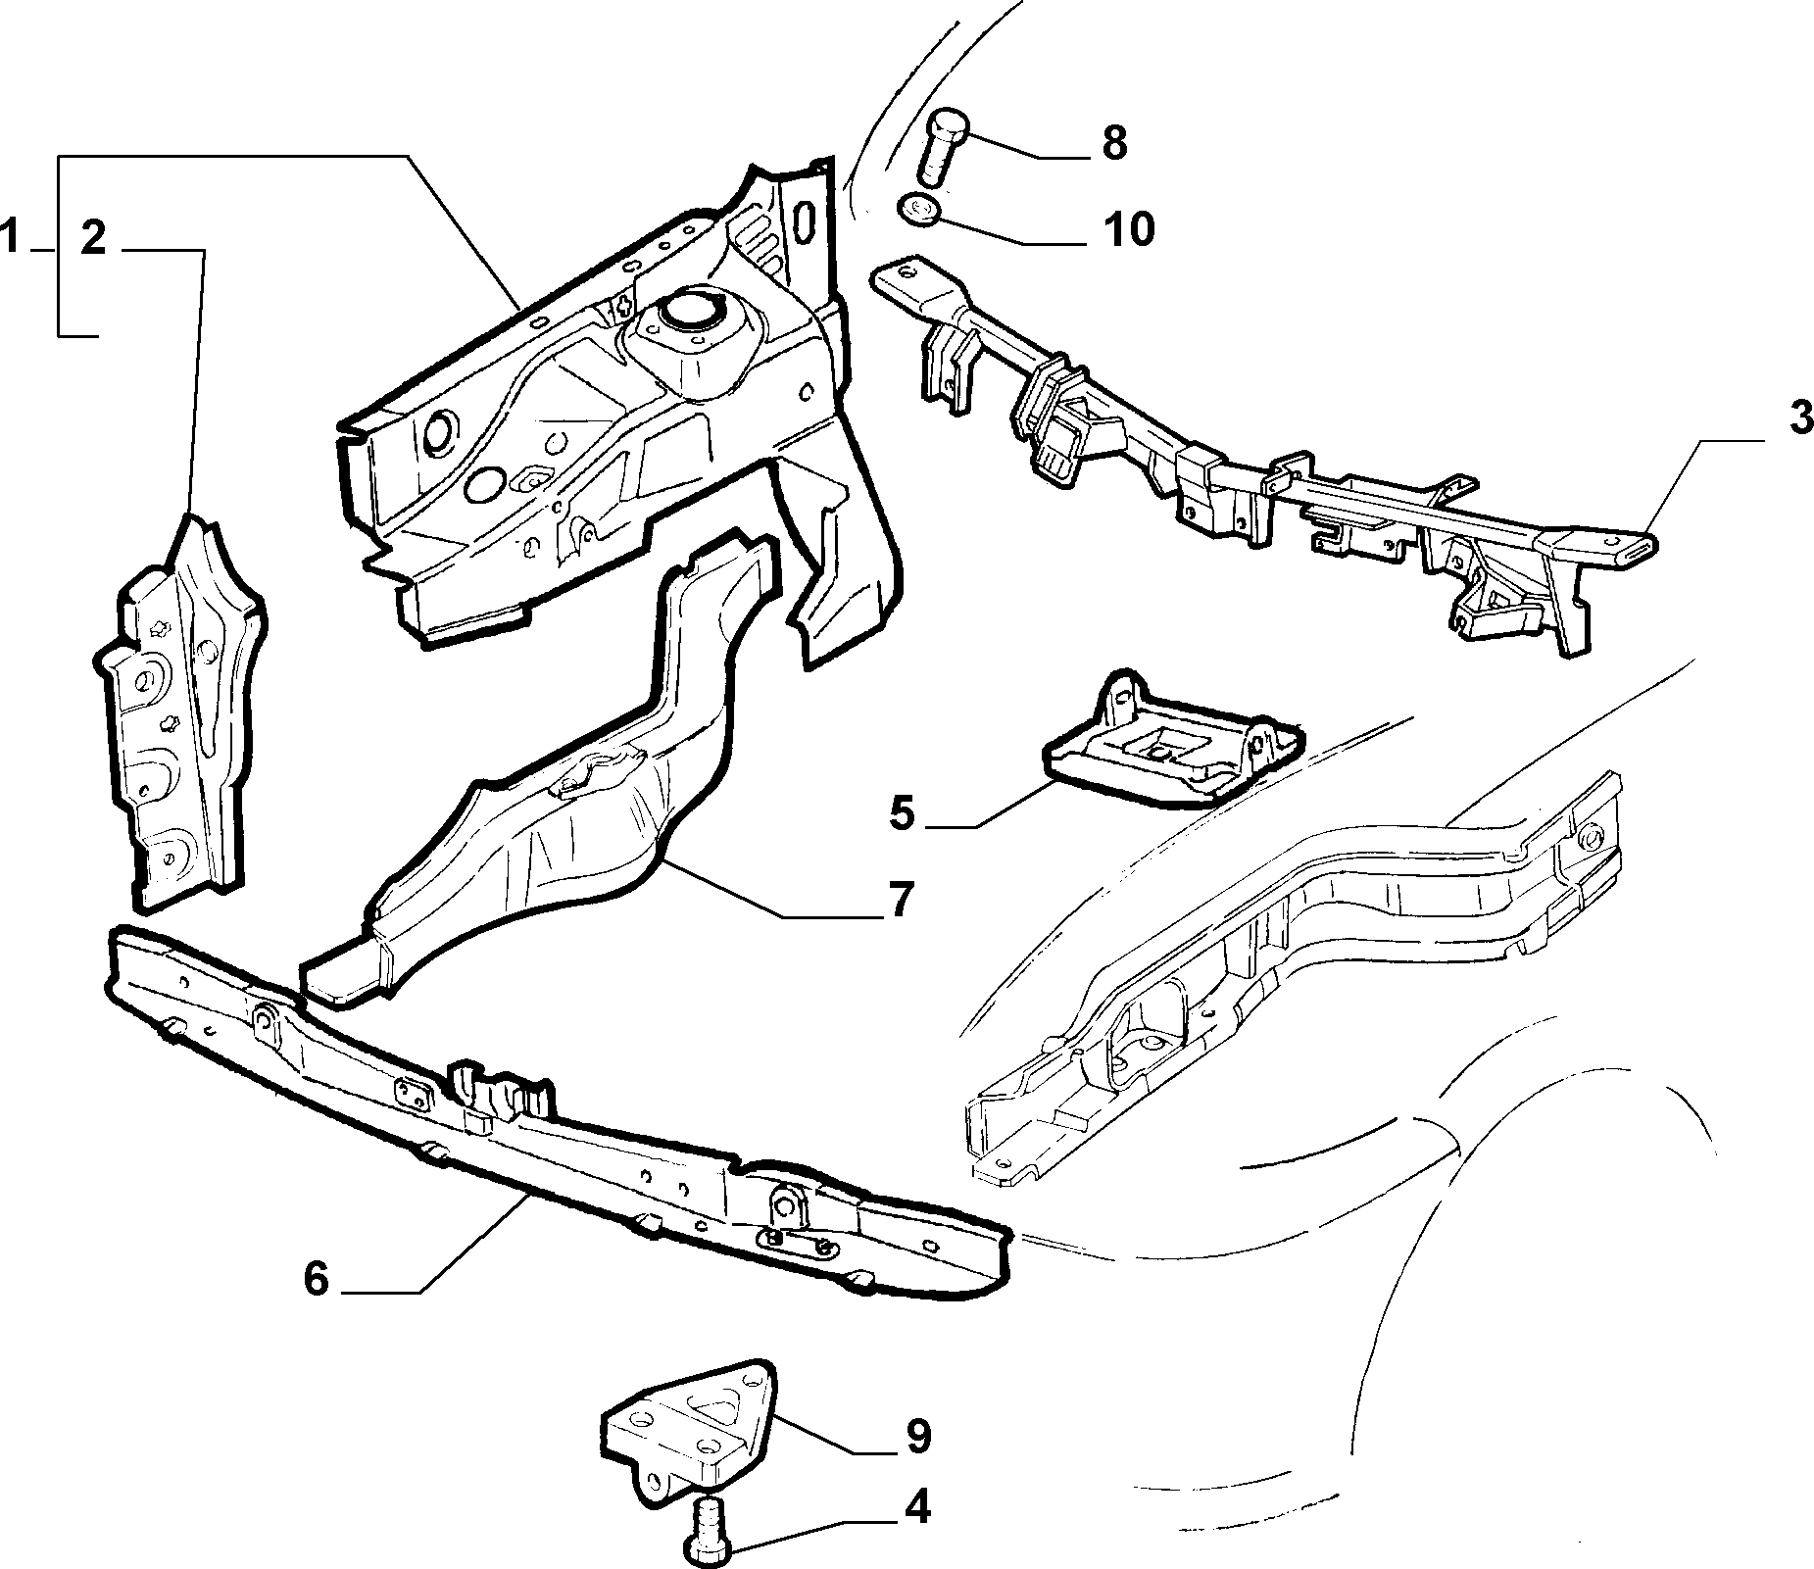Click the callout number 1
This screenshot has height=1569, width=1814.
coord(11,238)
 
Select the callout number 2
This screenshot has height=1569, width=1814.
coord(93,238)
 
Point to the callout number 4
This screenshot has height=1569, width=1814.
coord(915,1507)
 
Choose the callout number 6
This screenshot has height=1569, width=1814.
coord(316,1278)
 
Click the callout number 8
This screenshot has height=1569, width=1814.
coord(1114,143)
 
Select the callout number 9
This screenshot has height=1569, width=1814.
coord(916,1437)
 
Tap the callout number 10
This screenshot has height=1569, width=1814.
coord(1130,229)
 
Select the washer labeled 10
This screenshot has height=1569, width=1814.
coord(918,209)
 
